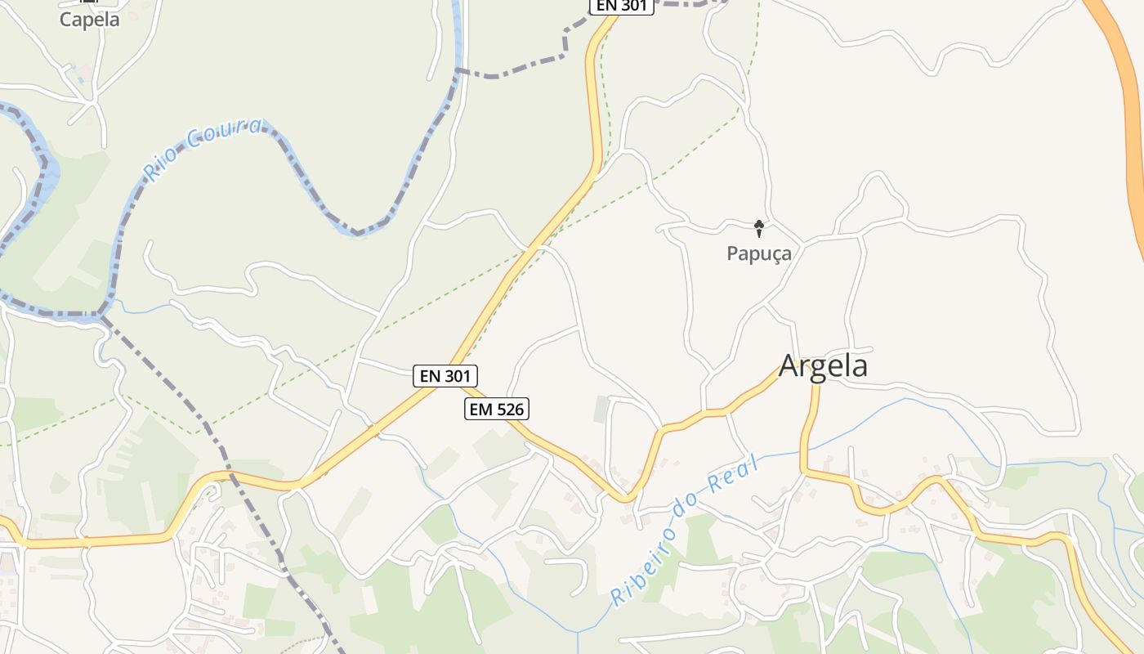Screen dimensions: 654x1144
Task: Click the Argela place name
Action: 823,365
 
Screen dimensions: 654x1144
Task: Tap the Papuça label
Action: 759,253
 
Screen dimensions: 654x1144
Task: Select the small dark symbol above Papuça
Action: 759,227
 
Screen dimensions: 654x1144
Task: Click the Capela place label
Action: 90,20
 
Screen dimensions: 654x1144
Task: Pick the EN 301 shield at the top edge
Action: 622,6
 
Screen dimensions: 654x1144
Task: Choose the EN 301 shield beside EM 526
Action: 445,376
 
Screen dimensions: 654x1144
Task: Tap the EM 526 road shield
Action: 497,409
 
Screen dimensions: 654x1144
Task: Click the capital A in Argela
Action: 789,365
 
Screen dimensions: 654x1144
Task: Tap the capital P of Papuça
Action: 732,253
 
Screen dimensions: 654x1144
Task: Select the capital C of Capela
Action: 65,20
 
